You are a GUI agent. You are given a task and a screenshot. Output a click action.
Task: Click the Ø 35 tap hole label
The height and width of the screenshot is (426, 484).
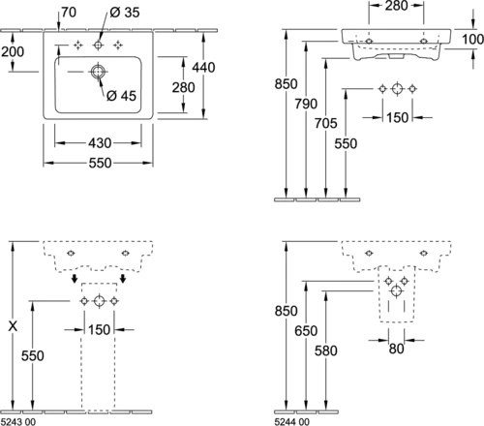tap(125, 13)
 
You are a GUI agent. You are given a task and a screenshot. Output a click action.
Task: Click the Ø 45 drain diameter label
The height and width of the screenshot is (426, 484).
tap(121, 96)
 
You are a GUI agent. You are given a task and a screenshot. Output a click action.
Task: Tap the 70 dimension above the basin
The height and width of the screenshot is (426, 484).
tap(69, 13)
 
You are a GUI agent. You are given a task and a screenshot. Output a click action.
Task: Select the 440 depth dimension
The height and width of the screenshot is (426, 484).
tap(203, 68)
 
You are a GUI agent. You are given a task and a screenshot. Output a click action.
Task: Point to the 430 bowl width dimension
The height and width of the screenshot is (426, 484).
tap(100, 143)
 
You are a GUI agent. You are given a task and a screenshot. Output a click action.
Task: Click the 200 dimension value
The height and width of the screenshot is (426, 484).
tap(13, 51)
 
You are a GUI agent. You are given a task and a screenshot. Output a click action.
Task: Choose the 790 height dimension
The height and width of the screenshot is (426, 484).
tap(306, 104)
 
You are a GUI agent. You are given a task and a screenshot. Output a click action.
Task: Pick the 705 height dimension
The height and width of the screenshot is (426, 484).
tap(326, 123)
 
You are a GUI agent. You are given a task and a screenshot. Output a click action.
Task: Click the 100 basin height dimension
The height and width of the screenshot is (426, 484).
tap(473, 40)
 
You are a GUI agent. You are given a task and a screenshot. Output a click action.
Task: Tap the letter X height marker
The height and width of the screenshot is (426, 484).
tap(13, 326)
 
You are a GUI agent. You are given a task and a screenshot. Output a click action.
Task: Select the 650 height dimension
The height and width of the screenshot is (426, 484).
tap(306, 331)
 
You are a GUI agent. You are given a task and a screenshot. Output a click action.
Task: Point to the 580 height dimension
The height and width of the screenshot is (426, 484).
tap(326, 350)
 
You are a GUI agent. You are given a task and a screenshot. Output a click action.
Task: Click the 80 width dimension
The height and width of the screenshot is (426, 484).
tap(396, 349)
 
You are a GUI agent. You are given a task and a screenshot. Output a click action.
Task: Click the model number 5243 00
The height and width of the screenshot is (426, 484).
tap(18, 422)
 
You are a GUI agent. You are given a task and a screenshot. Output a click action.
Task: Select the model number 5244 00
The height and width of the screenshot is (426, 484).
tap(291, 422)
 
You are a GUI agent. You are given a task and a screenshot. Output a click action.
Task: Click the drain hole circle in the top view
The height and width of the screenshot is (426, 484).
tap(98, 72)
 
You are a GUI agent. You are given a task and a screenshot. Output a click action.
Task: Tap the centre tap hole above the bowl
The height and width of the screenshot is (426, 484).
tap(98, 46)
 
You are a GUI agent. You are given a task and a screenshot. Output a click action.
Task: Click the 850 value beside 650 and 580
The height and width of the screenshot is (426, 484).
tap(286, 311)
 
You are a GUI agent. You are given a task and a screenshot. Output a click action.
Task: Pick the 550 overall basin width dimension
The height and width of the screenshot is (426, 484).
tap(100, 163)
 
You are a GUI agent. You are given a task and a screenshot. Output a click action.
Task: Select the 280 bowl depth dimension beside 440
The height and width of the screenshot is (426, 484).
tap(183, 87)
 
